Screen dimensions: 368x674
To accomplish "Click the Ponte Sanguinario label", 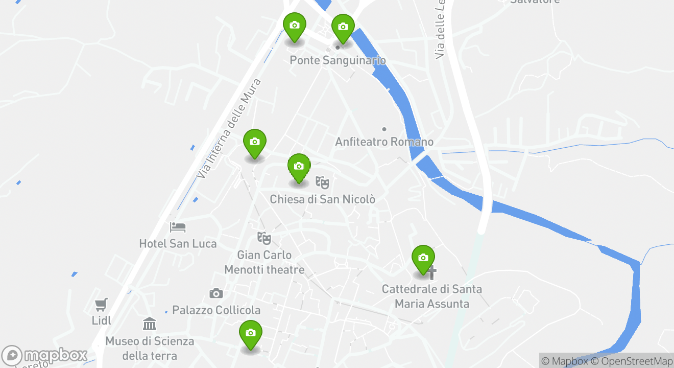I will pos(338,60).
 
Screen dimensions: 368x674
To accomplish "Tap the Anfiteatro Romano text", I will pos(384,142).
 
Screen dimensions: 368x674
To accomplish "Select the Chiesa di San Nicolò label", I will pos(322,199).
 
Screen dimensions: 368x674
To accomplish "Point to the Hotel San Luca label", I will pos(178,244).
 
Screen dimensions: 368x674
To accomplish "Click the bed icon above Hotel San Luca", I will pos(178,226).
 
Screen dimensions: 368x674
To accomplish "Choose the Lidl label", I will pos(102,321).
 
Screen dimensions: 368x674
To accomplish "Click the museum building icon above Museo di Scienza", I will pos(150,324).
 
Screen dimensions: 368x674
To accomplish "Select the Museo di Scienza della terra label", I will pos(150,348).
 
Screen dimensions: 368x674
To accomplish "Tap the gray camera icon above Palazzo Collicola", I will pos(216,293).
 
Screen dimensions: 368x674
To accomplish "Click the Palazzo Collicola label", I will pos(216,310).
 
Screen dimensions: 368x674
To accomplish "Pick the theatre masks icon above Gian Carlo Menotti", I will pos(264,238).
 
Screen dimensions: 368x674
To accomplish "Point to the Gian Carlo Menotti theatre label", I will pos(264,262).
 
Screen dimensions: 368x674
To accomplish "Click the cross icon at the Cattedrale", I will pos(432,272).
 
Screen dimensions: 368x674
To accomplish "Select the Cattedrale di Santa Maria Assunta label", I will pos(432,296).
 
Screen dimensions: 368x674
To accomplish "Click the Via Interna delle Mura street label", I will pos(229,128).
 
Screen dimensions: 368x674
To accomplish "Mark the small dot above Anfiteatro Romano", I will pos(384,129).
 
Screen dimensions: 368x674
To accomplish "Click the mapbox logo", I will pos(44,355).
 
